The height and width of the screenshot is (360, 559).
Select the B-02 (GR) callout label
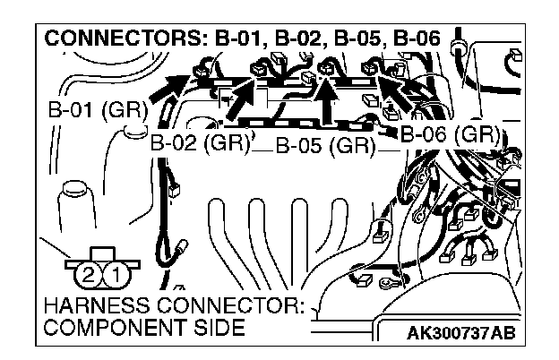pyautogui.click(x=198, y=141)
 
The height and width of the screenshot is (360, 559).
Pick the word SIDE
pyautogui.click(x=215, y=329)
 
